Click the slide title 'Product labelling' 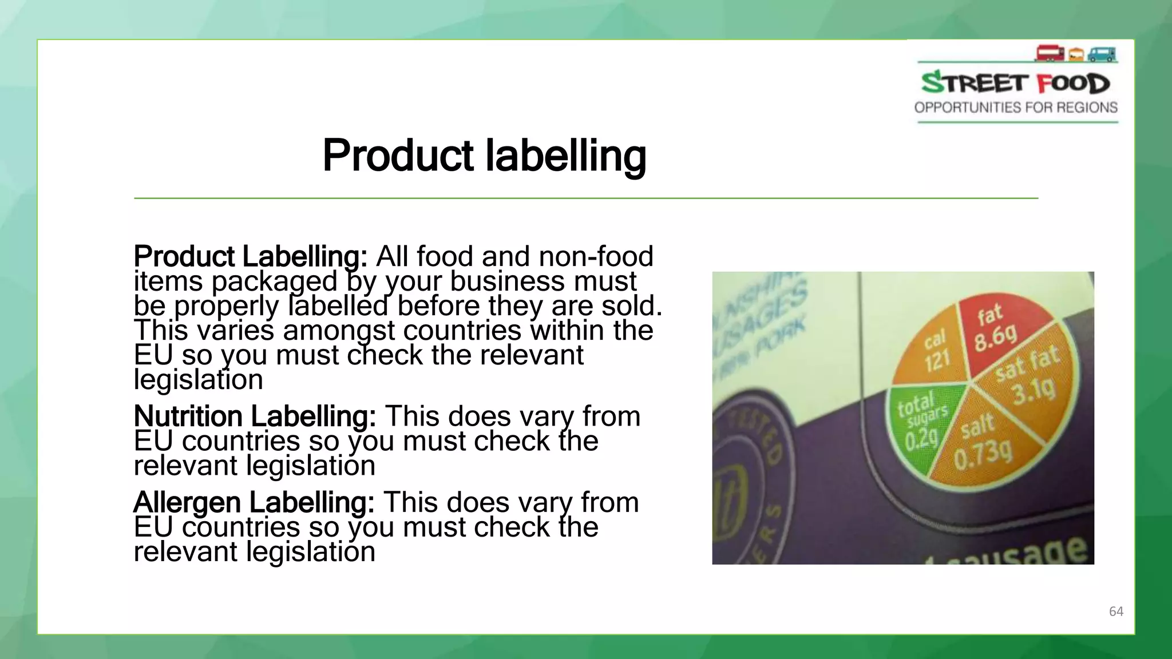point(484,156)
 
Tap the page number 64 point(1116,612)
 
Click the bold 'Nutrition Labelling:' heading point(255,416)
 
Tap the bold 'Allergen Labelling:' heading point(254,502)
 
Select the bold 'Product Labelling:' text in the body point(250,256)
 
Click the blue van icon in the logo point(1102,54)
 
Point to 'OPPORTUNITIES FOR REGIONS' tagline point(1016,108)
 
